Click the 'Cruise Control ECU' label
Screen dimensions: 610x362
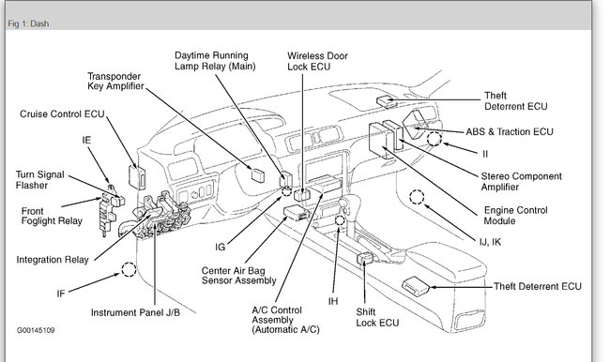[x=62, y=113]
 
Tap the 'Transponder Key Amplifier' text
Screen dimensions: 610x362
[x=115, y=81]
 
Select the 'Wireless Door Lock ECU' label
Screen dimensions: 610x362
[x=317, y=61]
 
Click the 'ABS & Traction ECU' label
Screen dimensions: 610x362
[x=510, y=132]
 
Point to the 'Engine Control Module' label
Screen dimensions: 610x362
[x=515, y=216]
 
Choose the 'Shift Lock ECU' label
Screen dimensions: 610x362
[x=377, y=317]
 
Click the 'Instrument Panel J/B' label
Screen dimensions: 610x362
[x=135, y=312]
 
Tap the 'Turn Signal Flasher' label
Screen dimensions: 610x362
[x=39, y=180]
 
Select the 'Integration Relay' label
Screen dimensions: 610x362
[x=53, y=260]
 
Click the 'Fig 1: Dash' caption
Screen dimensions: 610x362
[x=28, y=23]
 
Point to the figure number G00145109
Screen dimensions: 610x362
[x=36, y=330]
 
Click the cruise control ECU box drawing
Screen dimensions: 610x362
[x=137, y=177]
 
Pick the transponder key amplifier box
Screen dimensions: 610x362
[x=257, y=175]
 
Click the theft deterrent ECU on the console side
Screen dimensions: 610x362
[x=416, y=284]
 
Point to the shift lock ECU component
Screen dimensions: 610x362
[x=365, y=258]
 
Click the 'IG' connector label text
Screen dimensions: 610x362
[x=221, y=247]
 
